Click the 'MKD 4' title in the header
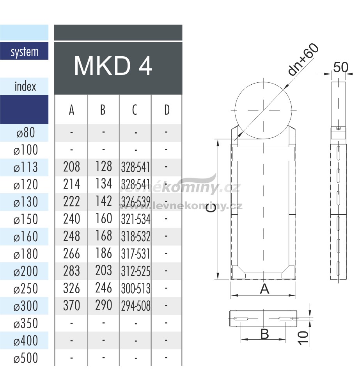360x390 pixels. coord(113,66)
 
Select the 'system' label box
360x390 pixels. coord(24,51)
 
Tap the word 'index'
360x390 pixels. coord(25,86)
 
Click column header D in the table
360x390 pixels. coord(167,110)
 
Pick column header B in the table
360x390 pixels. coord(103,110)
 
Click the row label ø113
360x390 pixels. coord(26,167)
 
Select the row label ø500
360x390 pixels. coord(26,358)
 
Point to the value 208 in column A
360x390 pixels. coord(71,167)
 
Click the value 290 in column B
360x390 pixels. coord(104,305)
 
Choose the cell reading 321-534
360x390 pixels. coord(136,219)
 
